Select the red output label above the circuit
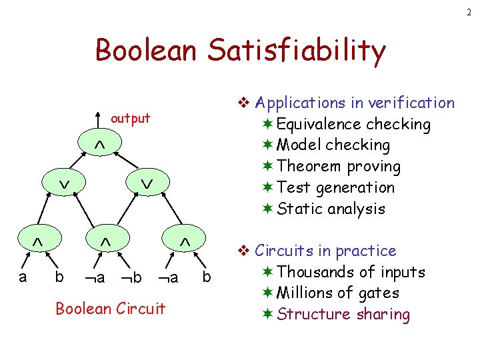130,119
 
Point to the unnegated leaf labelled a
23,276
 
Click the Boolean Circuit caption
110,309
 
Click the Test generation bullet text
335,187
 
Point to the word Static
298,209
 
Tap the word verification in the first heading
411,103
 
